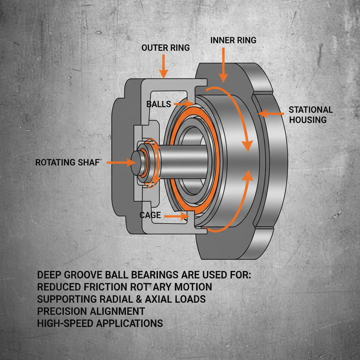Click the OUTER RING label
166,47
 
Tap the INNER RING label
233,40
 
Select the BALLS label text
159,104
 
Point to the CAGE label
150,215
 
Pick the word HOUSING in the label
308,120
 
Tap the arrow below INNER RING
223,65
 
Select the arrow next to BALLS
183,104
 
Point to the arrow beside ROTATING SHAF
121,162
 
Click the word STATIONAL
310,110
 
